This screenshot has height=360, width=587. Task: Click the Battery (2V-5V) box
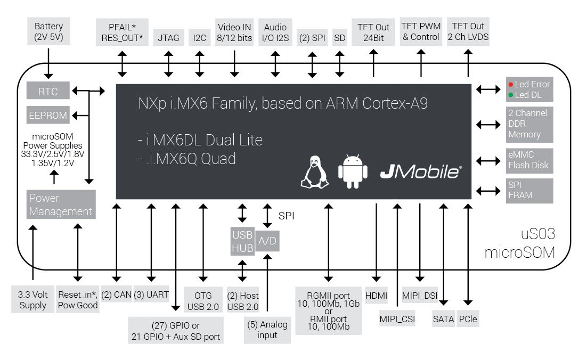pos(48,31)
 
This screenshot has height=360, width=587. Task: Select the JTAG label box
pos(169,38)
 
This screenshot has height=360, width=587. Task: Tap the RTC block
pos(48,92)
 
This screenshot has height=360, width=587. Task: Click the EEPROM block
pos(48,114)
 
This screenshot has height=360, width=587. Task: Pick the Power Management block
pos(61,204)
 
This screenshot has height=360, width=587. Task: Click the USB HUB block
pos(242,241)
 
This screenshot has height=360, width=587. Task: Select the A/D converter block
pos(267,241)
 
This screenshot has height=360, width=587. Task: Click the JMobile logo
pos(421,172)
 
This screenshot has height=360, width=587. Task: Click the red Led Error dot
pos(510,85)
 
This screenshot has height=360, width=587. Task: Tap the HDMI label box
pos(377,295)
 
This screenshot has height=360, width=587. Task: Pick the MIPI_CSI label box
pos(397,319)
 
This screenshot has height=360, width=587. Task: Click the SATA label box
pos(444,319)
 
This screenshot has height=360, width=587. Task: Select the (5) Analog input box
pos(267,330)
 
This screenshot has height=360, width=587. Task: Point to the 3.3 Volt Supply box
pos(33,300)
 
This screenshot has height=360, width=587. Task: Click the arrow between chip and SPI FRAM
pos(488,190)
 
